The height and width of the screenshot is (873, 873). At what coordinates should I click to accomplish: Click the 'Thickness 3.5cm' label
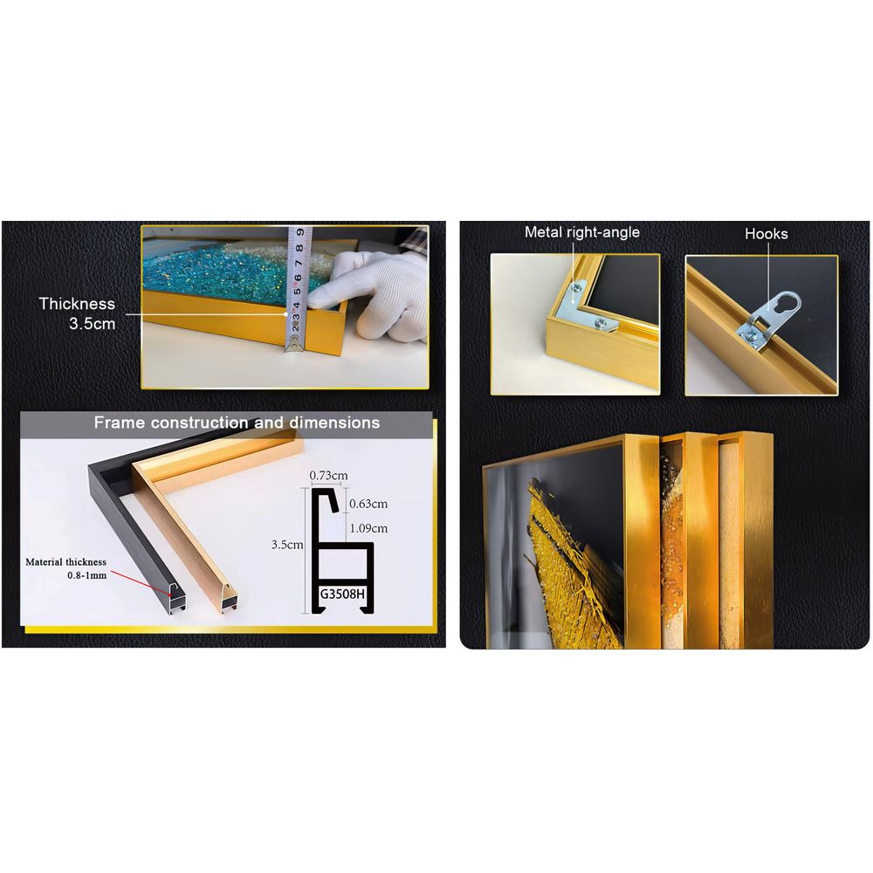pos(77,313)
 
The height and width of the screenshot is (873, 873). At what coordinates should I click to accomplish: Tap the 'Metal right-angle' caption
pos(581,232)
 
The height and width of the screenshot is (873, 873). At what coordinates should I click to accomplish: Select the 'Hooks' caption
pos(766,234)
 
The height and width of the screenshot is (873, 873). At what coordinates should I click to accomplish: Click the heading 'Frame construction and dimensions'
pos(237,423)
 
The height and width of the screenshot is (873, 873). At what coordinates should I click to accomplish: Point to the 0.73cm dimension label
pos(328,476)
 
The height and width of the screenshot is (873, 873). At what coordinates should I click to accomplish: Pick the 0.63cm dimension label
pos(368,504)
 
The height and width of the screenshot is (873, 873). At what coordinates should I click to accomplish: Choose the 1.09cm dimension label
pos(368,528)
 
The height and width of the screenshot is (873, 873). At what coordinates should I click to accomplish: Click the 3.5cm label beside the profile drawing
pos(287,545)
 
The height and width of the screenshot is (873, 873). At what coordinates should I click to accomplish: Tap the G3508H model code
pos(342,594)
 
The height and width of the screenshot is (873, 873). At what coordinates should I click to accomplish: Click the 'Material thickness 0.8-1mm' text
pos(66,568)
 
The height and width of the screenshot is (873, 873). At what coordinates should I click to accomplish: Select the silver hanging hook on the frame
pos(769,320)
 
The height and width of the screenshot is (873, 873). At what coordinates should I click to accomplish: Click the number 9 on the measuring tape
pos(299,231)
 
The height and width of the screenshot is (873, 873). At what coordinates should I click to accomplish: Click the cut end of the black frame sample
pos(177,601)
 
